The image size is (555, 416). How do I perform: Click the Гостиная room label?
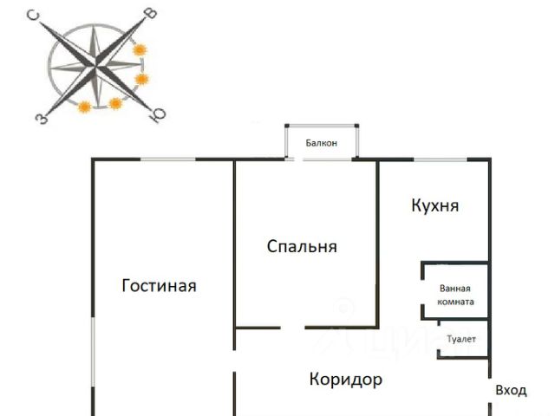(159, 285)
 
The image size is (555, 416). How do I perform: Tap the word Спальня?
(301, 247)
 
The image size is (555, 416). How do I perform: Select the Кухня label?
(434, 206)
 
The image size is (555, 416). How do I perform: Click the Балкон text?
(321, 143)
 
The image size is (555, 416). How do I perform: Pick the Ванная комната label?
(456, 296)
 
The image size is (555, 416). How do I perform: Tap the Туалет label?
(461, 339)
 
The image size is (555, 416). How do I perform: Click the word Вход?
(511, 391)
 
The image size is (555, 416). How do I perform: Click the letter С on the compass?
(33, 16)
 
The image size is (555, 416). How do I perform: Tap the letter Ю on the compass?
(157, 114)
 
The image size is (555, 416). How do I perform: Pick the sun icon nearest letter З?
(84, 107)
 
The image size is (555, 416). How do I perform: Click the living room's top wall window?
(167, 159)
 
